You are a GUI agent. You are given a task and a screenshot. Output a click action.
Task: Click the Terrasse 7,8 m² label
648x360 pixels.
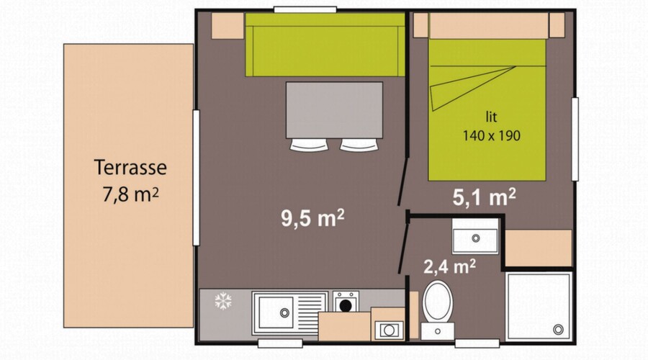point(130,181)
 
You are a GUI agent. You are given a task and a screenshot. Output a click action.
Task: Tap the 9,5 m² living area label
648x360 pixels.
point(312,218)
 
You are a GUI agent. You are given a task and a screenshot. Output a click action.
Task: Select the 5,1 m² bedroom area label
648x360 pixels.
point(484,197)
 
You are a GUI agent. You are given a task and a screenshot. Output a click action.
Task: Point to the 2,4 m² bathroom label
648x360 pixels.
point(449,266)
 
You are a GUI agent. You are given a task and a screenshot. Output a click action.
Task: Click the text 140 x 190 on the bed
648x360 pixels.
point(491,135)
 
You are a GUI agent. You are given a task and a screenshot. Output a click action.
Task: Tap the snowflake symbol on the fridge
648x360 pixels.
point(222,301)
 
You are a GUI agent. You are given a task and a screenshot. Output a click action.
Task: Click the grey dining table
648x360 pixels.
point(334,110)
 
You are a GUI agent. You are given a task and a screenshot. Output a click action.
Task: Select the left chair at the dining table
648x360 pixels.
point(309,145)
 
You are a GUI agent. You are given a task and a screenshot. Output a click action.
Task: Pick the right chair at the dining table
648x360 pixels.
point(359,145)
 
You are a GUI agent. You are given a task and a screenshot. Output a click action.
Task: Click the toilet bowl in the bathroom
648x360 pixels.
point(438,301)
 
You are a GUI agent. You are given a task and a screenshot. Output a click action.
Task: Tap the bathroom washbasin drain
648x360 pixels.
point(476,238)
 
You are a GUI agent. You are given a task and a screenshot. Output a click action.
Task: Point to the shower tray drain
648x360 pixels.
point(558,330)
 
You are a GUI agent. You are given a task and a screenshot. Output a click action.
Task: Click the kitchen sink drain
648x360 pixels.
point(284,313)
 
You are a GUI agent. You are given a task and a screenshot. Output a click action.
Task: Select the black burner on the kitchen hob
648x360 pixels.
point(346,305)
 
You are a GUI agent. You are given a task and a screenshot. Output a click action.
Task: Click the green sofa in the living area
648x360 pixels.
point(325,45)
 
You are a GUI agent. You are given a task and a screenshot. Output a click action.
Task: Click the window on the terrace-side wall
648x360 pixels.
point(197,178)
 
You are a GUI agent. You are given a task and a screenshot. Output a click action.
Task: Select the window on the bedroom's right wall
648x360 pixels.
point(575,139)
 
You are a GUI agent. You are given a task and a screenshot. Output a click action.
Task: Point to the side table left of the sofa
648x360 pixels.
point(228,26)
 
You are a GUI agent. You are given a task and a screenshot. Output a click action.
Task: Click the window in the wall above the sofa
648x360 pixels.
point(305,9)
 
